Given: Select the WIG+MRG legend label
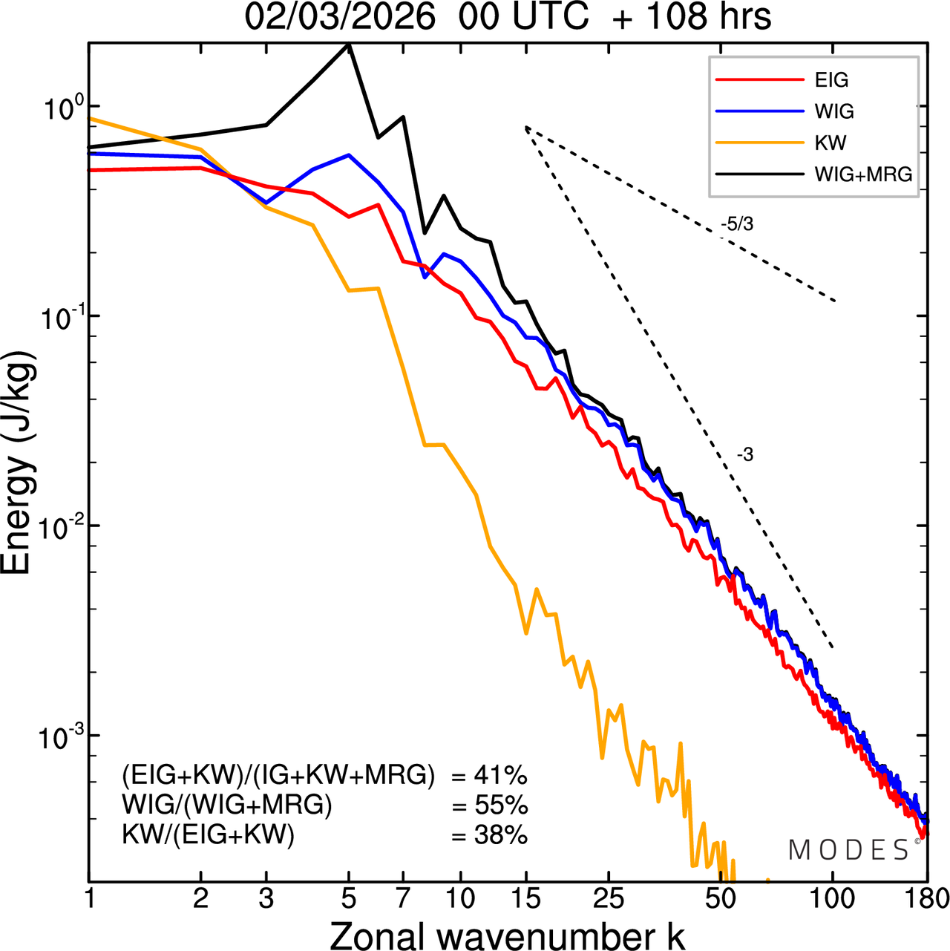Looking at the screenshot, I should (863, 174).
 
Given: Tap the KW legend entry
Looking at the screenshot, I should (830, 143).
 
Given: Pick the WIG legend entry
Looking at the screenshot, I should (834, 111).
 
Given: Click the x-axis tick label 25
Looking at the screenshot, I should (608, 899).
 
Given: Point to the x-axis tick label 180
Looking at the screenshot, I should (926, 899).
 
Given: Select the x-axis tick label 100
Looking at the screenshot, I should (832, 899).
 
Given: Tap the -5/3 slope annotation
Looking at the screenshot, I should (737, 224).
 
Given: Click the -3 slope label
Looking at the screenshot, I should (745, 455).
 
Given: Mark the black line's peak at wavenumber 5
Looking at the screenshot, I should (349, 45).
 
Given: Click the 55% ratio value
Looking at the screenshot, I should (500, 805).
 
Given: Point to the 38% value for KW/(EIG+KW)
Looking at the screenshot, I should (500, 836).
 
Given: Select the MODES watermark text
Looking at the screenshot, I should (848, 850).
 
